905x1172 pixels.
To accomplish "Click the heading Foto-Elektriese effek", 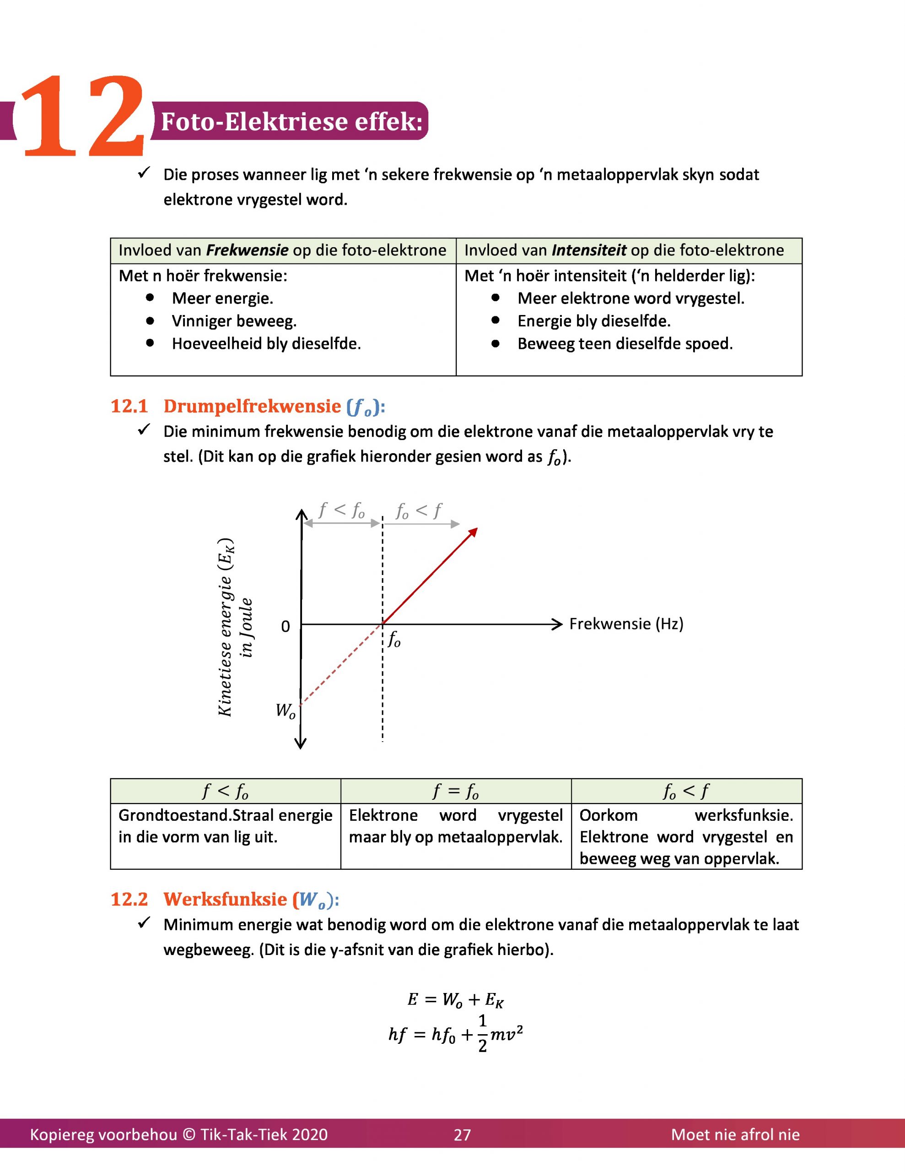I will coord(291,121).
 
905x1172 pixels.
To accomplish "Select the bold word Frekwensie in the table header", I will coord(248,250).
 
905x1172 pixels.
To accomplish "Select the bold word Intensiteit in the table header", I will coord(588,250).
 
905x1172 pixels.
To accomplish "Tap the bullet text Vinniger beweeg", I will coord(234,321).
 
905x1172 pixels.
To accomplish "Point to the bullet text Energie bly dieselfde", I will coord(594,321).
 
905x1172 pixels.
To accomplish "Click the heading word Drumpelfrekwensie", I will coord(252,406).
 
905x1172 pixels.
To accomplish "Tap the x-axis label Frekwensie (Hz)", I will coord(626,624).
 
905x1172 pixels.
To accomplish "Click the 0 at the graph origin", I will coord(286,627).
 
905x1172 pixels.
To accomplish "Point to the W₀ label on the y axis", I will coord(285,711).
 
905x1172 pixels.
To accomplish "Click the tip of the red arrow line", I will coord(475,530).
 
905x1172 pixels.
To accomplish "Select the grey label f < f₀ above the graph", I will coord(341,510).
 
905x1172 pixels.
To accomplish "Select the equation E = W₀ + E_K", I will coord(455,1000).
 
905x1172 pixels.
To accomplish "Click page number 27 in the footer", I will coord(462,1135).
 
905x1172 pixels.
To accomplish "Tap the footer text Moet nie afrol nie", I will coord(735,1135).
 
